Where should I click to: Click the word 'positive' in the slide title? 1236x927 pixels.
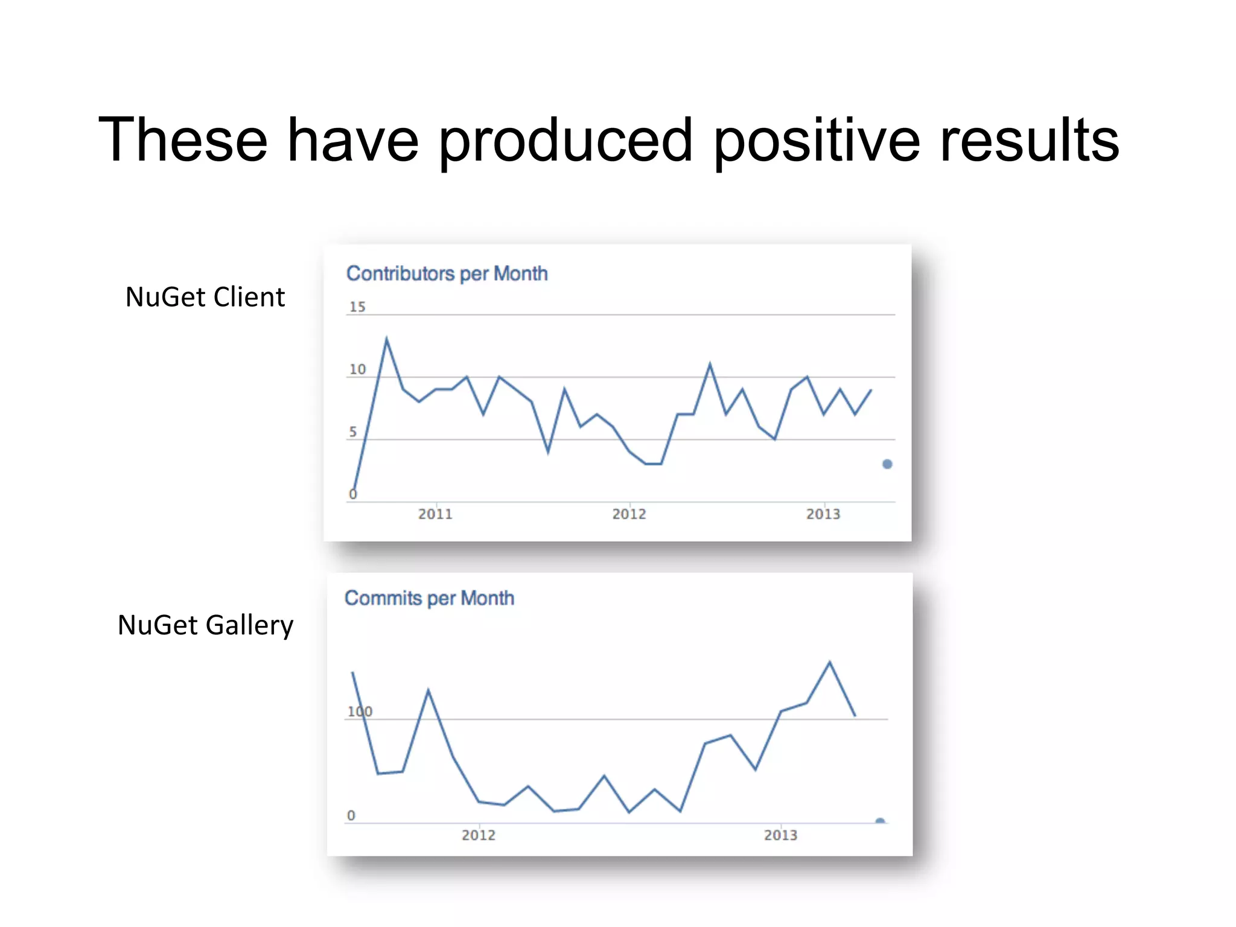[x=817, y=141]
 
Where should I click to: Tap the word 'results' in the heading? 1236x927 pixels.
[x=1029, y=141]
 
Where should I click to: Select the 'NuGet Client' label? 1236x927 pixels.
[x=205, y=297]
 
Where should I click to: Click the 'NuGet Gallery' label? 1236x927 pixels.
[x=205, y=625]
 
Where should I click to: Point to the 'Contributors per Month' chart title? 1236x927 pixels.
[x=447, y=273]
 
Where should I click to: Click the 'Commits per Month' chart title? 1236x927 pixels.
[x=429, y=598]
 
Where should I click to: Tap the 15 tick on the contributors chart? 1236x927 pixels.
[x=357, y=307]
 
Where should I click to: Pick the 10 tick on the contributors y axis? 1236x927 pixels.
[x=357, y=369]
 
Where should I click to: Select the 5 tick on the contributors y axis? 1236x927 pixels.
[x=353, y=432]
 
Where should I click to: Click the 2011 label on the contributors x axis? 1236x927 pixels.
[x=435, y=514]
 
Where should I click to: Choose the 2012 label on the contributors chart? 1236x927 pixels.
[x=629, y=514]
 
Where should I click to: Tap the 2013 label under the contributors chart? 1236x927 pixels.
[x=823, y=514]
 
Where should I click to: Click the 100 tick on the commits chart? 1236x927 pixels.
[x=360, y=712]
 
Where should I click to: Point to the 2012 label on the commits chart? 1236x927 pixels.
[x=479, y=835]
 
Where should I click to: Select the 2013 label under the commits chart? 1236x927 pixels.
[x=781, y=835]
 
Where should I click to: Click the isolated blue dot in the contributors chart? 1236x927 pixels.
[x=887, y=464]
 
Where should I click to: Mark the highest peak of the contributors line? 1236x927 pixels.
[x=386, y=339]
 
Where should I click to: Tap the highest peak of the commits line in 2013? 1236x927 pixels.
[x=830, y=662]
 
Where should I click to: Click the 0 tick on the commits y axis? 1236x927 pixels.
[x=351, y=815]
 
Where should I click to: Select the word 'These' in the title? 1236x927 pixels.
[x=183, y=141]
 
